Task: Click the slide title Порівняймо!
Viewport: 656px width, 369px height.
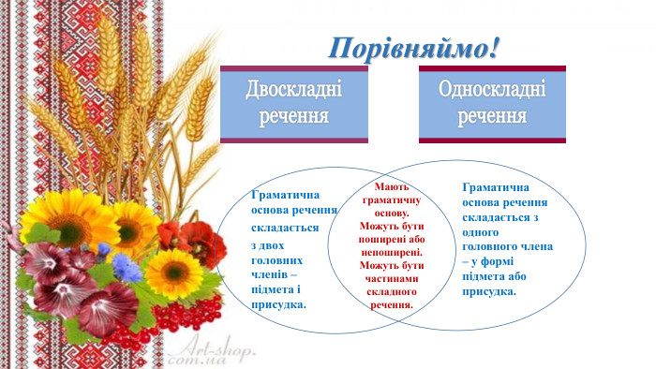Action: point(413,48)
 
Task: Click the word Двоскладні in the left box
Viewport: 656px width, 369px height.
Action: point(293,91)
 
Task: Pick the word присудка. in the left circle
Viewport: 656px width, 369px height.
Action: point(280,305)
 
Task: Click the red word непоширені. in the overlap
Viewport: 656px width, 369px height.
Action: point(392,252)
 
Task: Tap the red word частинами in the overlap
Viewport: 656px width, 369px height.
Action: point(392,278)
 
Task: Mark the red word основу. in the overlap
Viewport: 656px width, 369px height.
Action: point(392,213)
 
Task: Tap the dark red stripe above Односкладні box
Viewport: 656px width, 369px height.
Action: point(492,67)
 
